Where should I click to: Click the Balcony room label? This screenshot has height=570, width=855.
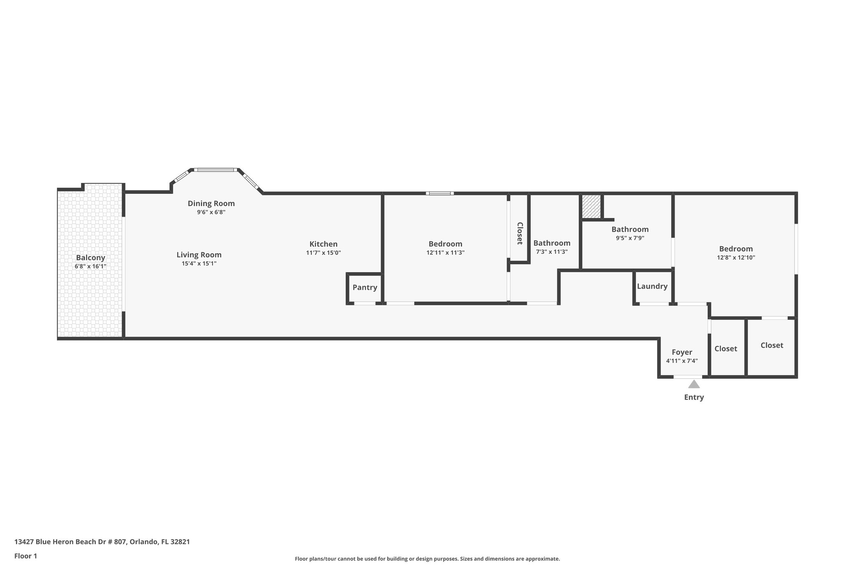(x=90, y=258)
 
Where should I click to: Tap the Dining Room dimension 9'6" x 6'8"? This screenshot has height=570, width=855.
(x=211, y=212)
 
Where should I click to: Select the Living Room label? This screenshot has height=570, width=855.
(x=199, y=255)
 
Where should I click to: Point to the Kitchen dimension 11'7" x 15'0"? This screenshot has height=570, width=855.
(x=323, y=253)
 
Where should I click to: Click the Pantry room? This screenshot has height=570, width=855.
(x=364, y=287)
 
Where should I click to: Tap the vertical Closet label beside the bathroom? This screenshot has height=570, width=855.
(x=520, y=233)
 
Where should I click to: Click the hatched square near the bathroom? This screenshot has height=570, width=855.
(x=591, y=206)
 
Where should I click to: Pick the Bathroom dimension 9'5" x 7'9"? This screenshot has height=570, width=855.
(x=630, y=238)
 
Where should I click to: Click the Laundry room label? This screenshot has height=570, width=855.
(x=652, y=286)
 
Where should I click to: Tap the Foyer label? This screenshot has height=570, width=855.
(x=682, y=352)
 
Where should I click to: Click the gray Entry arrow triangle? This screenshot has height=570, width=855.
(x=694, y=384)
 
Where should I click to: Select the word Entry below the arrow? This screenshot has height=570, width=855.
(x=694, y=397)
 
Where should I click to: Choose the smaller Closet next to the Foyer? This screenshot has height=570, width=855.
(x=726, y=349)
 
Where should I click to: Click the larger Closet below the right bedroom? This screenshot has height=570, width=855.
(x=772, y=345)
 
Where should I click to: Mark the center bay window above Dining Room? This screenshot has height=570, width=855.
(x=216, y=170)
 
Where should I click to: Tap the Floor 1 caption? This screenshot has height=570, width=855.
(x=25, y=556)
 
